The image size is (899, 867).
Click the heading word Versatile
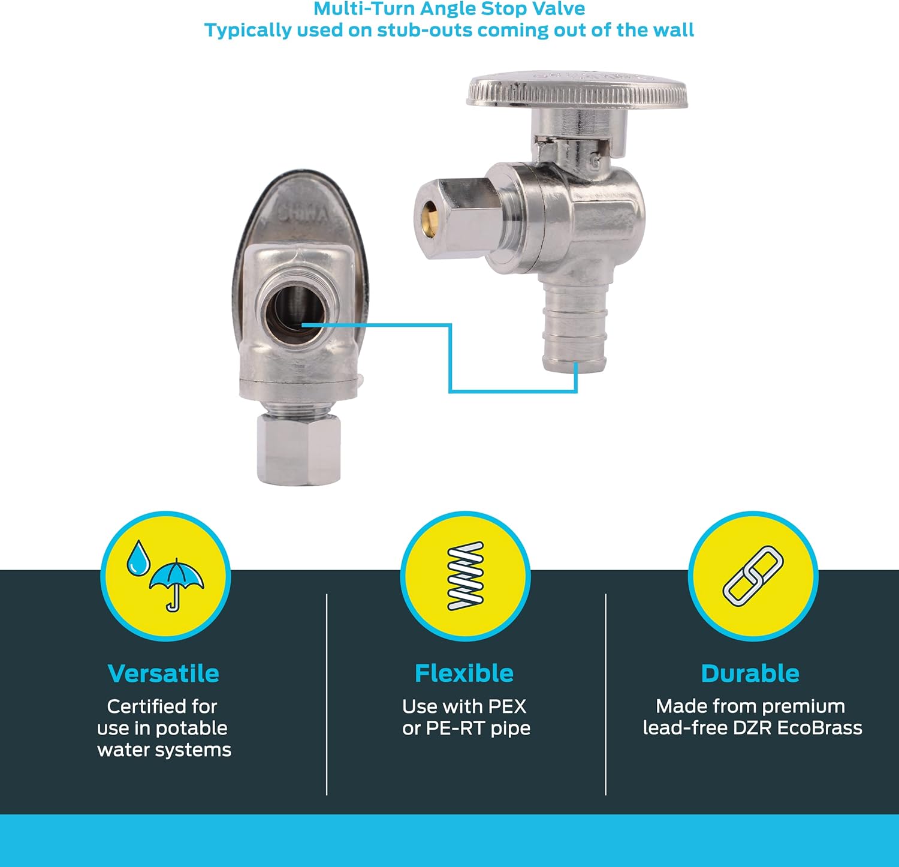point(163,673)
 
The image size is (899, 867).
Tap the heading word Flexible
point(464,673)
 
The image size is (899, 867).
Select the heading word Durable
point(750,673)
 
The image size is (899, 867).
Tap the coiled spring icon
point(466,576)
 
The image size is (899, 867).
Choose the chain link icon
point(753,575)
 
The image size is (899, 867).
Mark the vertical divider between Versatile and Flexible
point(327,694)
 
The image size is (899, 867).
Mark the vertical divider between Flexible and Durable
point(606,694)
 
